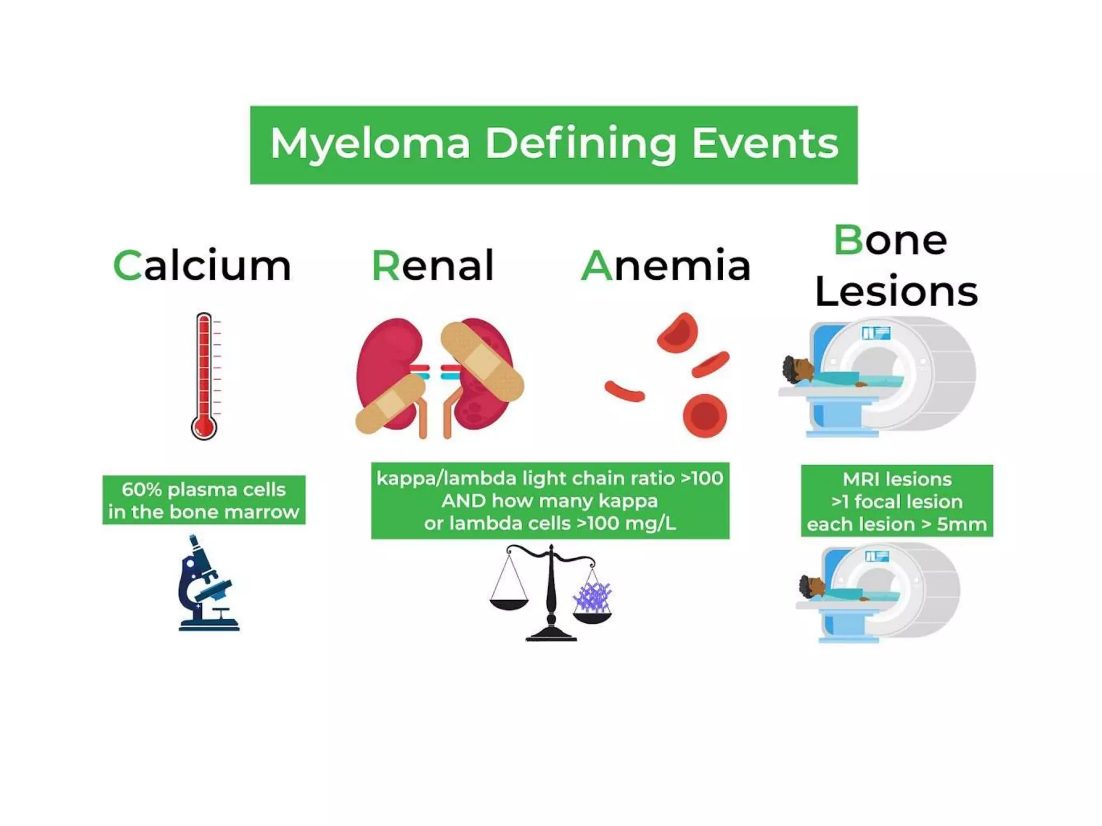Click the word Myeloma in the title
(x=370, y=144)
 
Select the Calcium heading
(x=202, y=266)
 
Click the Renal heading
(x=433, y=266)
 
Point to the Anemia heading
(x=666, y=266)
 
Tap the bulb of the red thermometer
(x=204, y=428)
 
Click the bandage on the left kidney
(x=390, y=404)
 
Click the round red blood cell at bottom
(x=705, y=415)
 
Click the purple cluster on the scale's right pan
(x=592, y=597)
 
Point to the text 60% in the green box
(x=141, y=489)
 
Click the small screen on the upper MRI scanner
(x=876, y=333)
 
